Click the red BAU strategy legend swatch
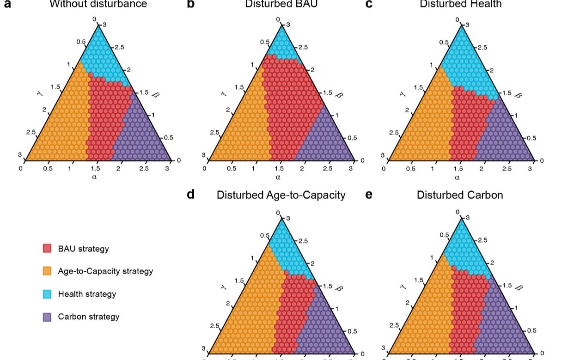pos(47,249)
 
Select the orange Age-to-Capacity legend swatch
pos(47,271)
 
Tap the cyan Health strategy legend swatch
pos(47,294)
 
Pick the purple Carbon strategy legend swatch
pos(47,317)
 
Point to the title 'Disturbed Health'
pos(460,5)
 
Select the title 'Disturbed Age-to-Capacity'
pos(281,195)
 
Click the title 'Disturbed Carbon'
pos(460,195)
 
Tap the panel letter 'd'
pos(190,195)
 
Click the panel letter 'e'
pos(369,195)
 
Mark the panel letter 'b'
pos(190,5)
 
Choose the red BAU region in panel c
pos(467,125)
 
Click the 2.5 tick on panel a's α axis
pos(144,169)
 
